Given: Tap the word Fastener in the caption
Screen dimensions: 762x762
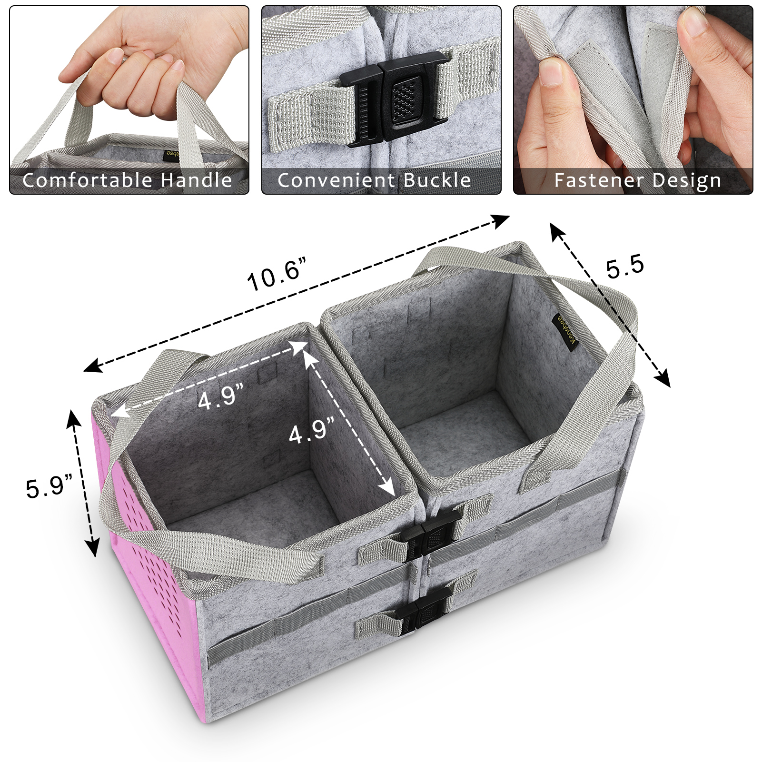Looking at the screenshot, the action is [601, 180].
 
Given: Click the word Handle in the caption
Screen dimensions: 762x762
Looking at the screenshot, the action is [197, 180].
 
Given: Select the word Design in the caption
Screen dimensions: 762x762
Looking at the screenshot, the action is [687, 181].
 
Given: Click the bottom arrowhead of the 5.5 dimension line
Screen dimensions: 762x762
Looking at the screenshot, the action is [662, 378].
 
